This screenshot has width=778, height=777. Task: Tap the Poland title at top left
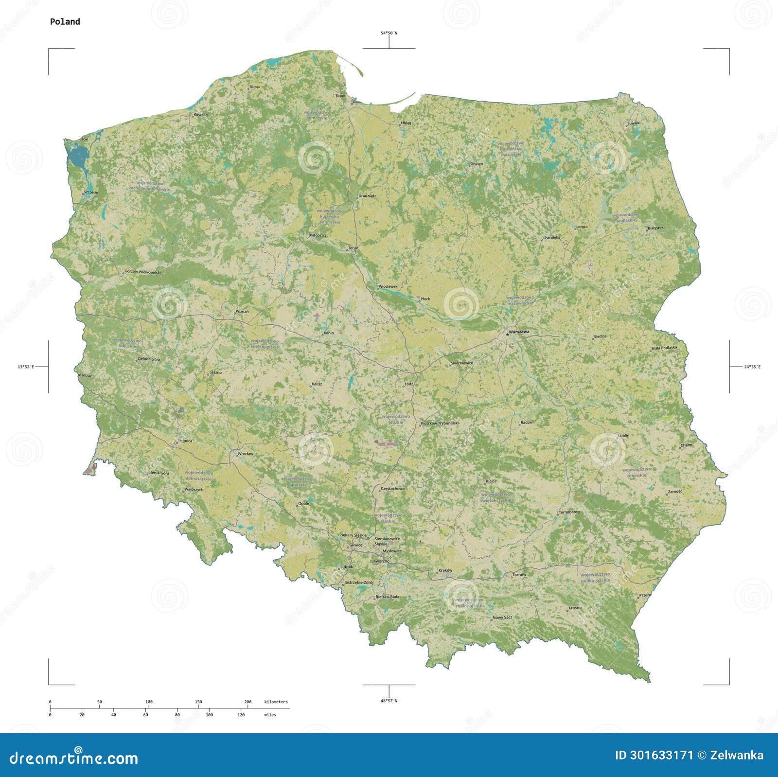[x=65, y=21]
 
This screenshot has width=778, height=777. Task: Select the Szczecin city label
[x=91, y=193]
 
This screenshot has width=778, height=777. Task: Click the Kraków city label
[x=445, y=570]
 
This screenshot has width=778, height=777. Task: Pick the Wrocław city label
[x=246, y=454]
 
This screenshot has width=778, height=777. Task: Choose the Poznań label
[x=242, y=311]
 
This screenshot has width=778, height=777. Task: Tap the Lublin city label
[x=623, y=435]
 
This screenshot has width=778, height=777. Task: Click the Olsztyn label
[x=477, y=163]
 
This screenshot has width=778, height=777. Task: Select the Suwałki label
[x=634, y=123]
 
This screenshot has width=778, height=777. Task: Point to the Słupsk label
[x=255, y=87]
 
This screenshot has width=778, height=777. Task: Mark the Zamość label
[x=675, y=491]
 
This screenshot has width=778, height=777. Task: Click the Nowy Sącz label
[x=502, y=618]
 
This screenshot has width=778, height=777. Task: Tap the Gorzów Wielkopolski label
[x=142, y=272]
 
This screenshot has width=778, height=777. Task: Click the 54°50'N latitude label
[x=389, y=33]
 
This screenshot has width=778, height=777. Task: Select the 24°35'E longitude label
[x=752, y=367]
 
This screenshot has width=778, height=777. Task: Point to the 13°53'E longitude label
[x=26, y=367]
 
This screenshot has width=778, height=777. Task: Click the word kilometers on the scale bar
[x=276, y=702]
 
